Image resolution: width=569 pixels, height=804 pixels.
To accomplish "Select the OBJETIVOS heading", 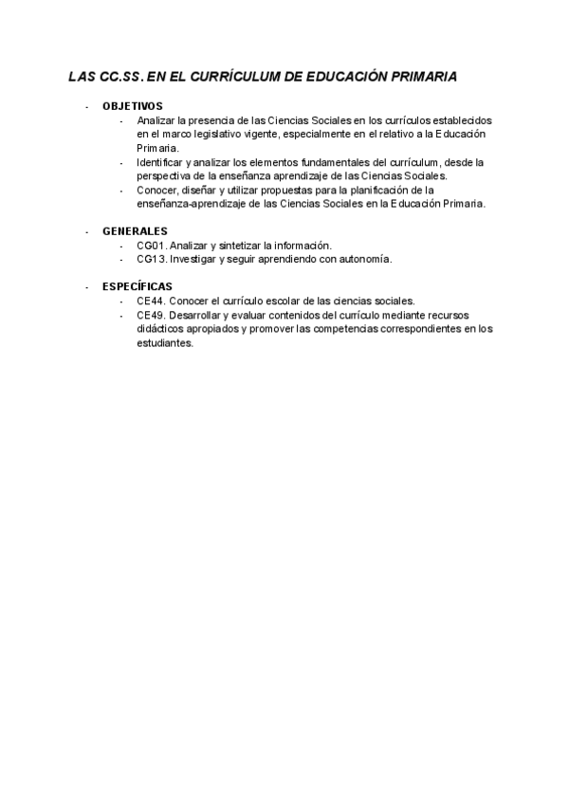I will (133, 106).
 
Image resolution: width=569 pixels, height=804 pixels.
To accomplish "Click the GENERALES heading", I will (135, 231).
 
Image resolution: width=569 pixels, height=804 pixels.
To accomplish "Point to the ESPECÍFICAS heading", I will (138, 286).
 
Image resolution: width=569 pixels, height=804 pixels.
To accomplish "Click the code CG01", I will (151, 246).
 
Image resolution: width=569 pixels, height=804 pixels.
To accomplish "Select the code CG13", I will (151, 259).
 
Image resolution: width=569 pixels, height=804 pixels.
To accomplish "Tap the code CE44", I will (151, 301).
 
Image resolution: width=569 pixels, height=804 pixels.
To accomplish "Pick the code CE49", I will (151, 315).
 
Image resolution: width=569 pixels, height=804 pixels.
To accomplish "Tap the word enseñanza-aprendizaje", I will (190, 204).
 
